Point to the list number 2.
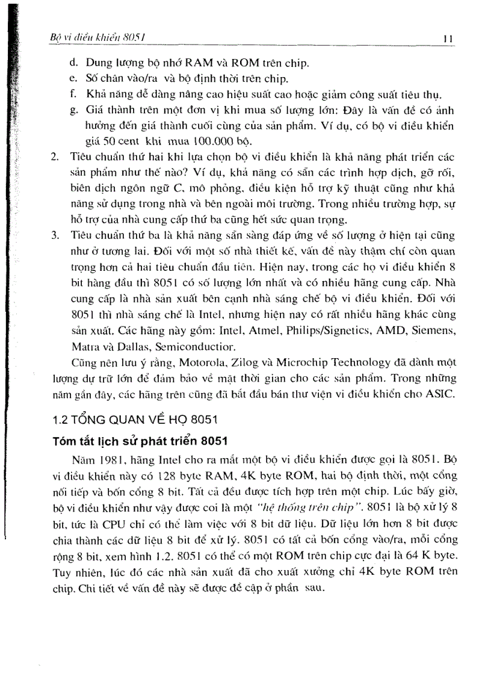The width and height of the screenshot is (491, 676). pyautogui.click(x=55, y=157)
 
